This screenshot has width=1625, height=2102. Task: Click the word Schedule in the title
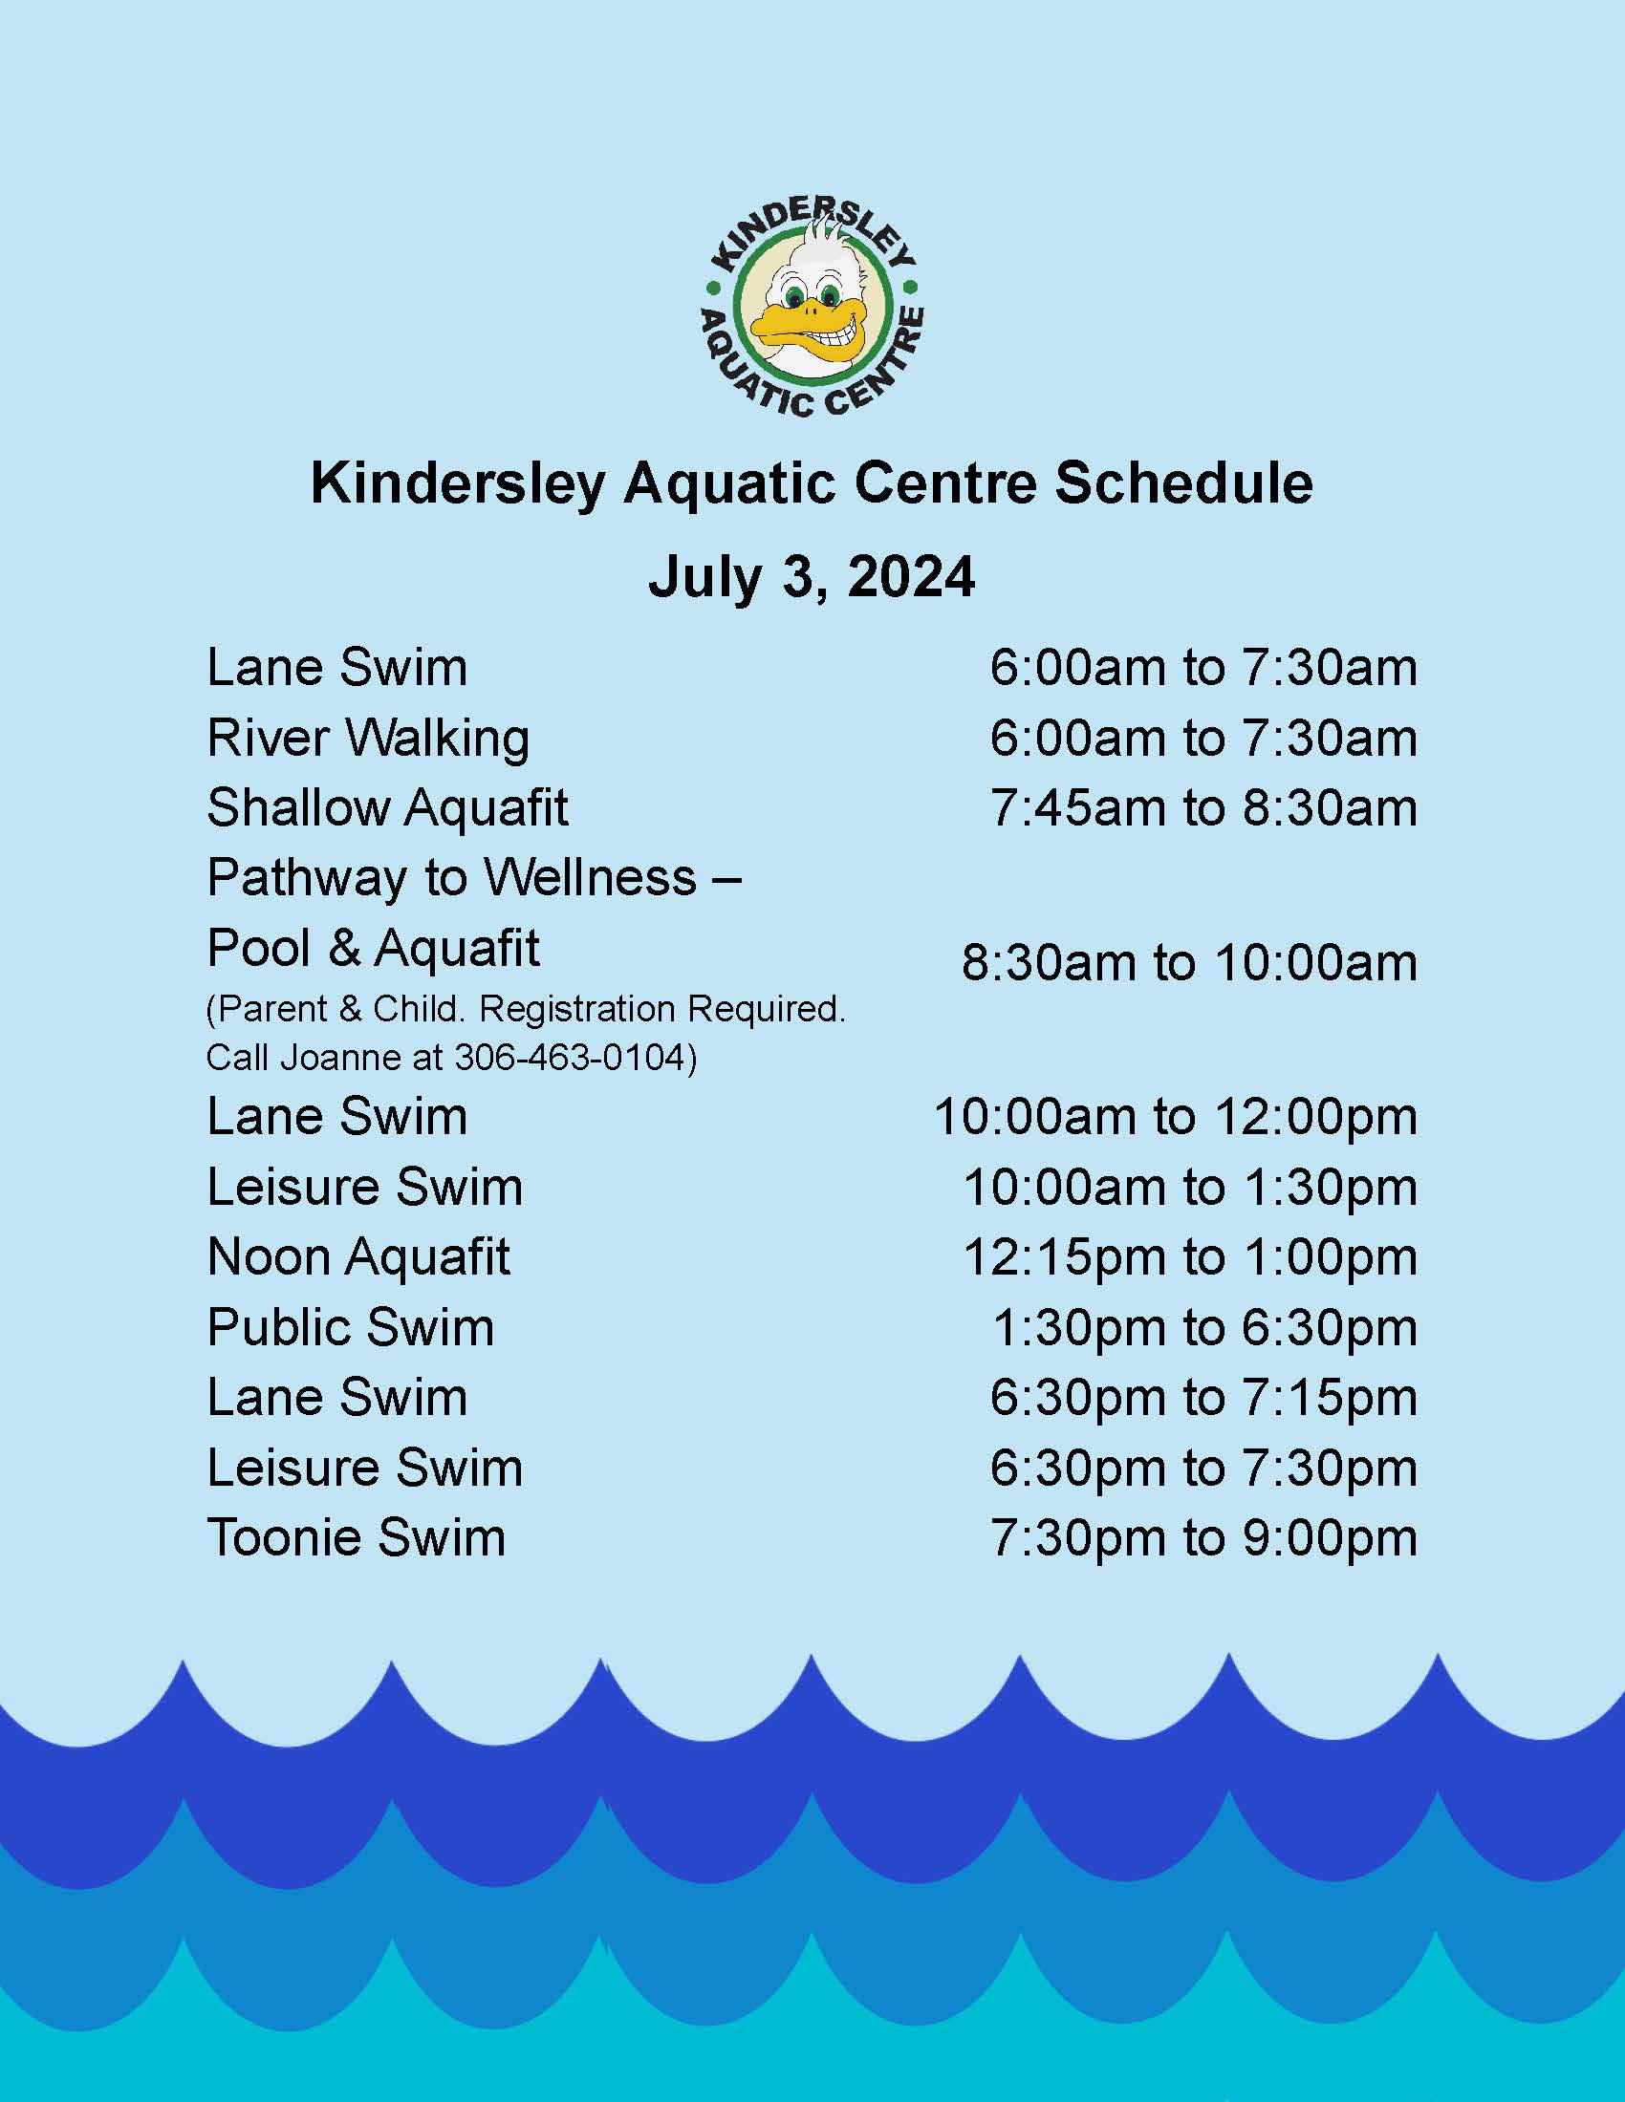point(1183,483)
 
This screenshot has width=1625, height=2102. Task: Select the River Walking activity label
point(368,740)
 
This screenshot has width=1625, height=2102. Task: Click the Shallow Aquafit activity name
point(387,807)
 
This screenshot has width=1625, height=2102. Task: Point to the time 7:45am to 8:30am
point(1203,807)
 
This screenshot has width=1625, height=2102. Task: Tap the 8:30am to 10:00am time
point(1189,963)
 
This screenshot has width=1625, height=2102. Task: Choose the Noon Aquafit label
point(358,1257)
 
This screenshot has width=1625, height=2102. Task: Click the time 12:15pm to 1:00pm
point(1190,1257)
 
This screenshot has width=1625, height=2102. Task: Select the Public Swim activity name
point(351,1327)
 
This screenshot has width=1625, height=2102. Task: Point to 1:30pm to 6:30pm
point(1204,1328)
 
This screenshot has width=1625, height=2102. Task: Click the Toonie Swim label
point(357,1538)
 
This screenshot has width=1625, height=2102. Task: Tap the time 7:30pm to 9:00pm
point(1203,1538)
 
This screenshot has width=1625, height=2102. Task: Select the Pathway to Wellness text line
point(473,879)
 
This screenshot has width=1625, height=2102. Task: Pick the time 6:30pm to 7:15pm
point(1203,1399)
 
